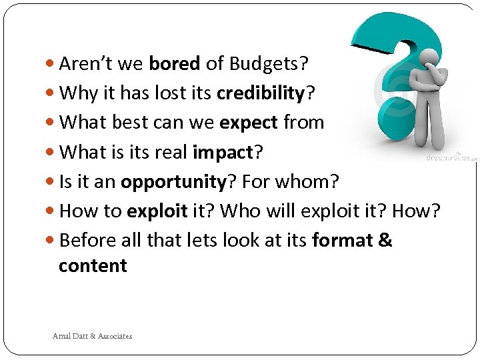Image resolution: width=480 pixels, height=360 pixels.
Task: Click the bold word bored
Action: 175,64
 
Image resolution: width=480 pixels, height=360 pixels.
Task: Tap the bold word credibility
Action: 260,93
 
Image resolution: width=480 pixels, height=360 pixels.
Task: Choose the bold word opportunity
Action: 174,182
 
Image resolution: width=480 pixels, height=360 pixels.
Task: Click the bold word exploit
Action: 157,211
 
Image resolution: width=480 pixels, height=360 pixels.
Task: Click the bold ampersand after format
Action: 385,241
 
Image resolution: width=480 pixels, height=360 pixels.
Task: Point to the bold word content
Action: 93,266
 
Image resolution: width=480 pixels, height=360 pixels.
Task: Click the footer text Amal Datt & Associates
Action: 93,336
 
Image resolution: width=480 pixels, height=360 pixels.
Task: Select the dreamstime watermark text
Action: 451,157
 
